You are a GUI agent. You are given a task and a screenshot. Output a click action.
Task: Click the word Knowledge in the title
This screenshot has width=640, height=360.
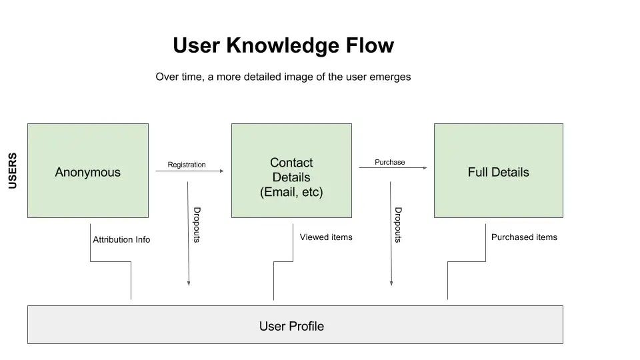point(283,45)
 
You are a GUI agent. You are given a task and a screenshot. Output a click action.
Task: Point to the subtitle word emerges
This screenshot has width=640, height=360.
point(390,77)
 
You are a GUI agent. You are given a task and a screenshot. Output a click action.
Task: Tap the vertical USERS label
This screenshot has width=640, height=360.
point(13,171)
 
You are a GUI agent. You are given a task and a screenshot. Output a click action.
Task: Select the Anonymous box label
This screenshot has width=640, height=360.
point(87,172)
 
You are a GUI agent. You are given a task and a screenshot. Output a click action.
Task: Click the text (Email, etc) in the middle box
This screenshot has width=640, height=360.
point(291,193)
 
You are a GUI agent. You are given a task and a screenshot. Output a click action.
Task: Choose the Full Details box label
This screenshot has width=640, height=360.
point(498,172)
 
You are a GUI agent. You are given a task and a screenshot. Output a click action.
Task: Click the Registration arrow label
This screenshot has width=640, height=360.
point(187,165)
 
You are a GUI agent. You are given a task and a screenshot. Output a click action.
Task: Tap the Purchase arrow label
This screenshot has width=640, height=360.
point(389,162)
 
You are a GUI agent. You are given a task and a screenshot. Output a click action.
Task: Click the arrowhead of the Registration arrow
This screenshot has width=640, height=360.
point(221,171)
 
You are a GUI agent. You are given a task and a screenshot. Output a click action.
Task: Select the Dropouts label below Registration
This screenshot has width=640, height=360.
point(197,225)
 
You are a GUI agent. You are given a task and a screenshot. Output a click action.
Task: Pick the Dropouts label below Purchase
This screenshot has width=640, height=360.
point(398,225)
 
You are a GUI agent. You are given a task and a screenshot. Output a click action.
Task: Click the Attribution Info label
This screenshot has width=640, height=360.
point(121,239)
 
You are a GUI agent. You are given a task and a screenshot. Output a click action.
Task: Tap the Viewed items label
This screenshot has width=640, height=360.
point(326,237)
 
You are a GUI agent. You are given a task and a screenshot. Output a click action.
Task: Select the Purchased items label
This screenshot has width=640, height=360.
point(524,237)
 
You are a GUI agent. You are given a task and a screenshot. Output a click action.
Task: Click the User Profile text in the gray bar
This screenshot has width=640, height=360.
point(291,326)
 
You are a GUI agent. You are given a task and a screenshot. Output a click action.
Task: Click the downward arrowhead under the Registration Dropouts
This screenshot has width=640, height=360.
point(189,283)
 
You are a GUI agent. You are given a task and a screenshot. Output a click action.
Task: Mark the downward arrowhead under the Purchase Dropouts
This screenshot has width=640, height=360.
point(391,283)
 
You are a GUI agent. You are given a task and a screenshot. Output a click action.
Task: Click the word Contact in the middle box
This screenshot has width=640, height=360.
point(291,163)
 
